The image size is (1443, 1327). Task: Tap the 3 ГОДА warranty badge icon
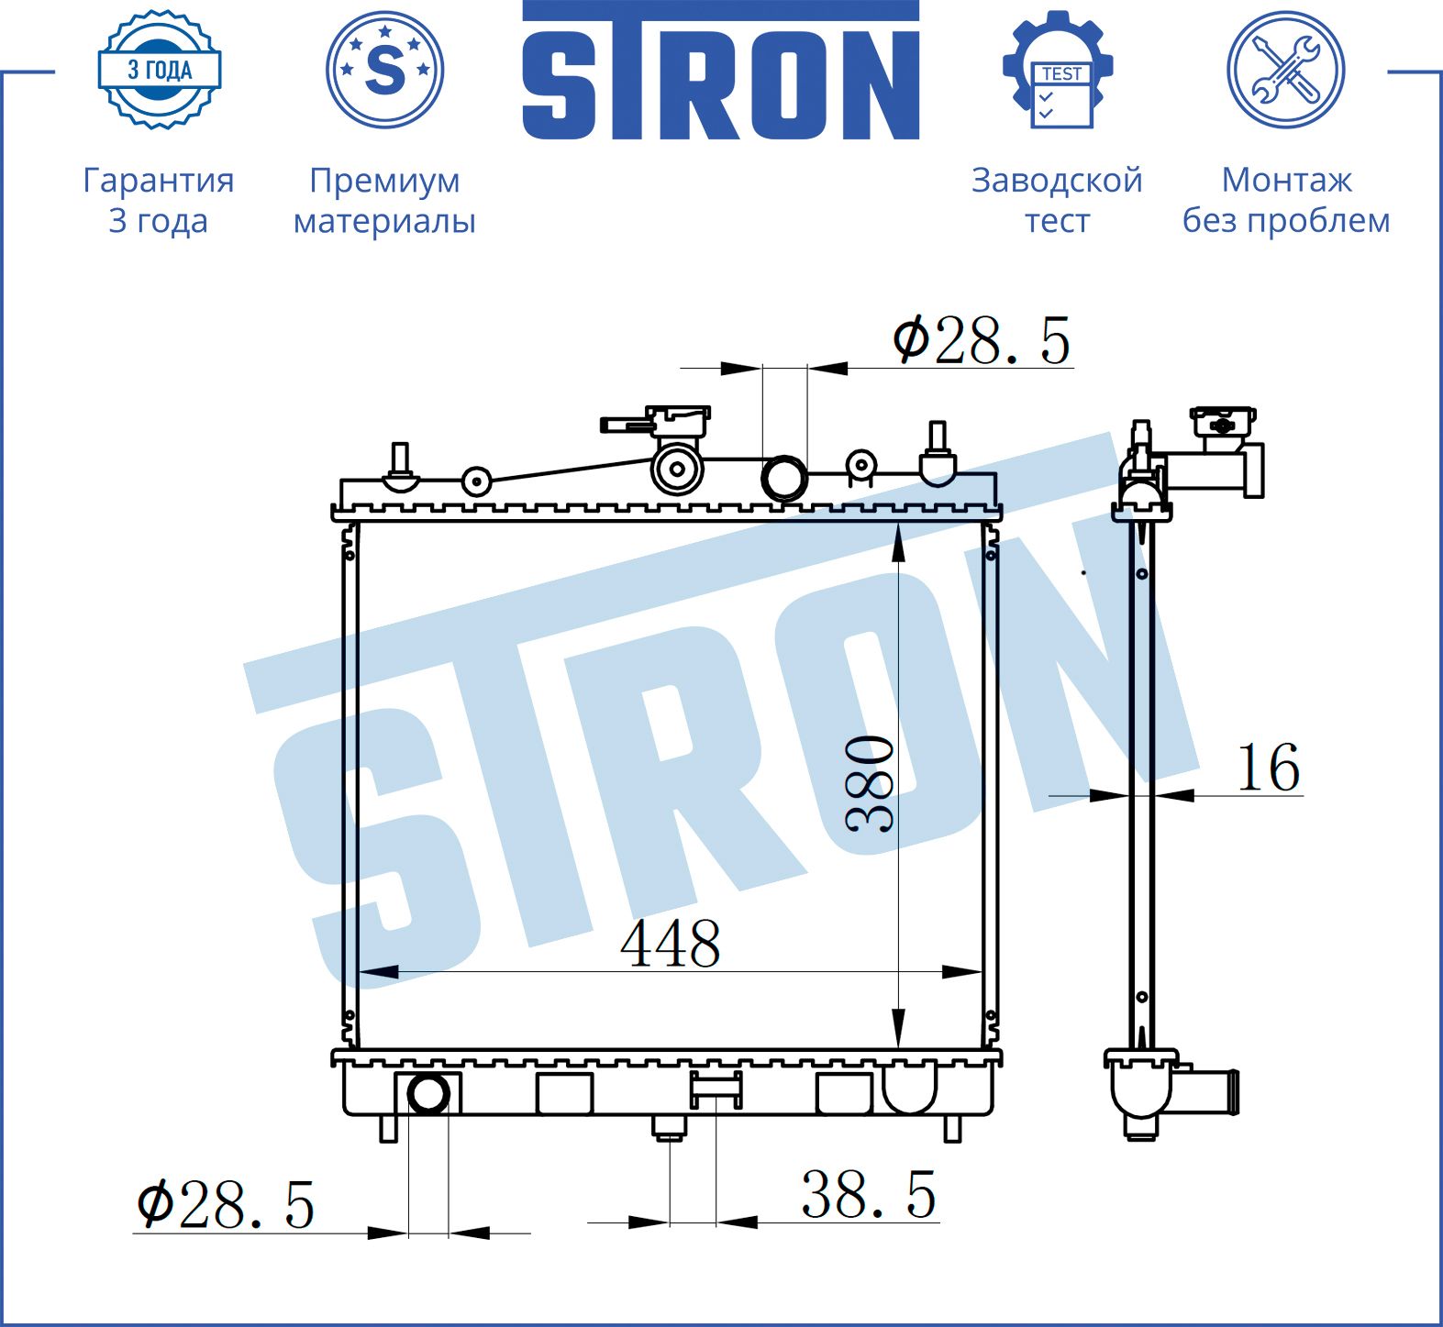tap(160, 70)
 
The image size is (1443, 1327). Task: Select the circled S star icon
tap(385, 70)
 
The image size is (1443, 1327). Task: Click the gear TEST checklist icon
tap(1058, 70)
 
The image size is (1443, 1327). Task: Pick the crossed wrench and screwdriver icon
tap(1286, 70)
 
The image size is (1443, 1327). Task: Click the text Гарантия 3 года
tap(159, 200)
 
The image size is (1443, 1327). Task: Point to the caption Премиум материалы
tap(384, 200)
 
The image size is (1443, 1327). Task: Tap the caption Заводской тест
tap(1057, 200)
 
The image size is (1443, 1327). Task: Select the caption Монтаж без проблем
tap(1286, 200)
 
